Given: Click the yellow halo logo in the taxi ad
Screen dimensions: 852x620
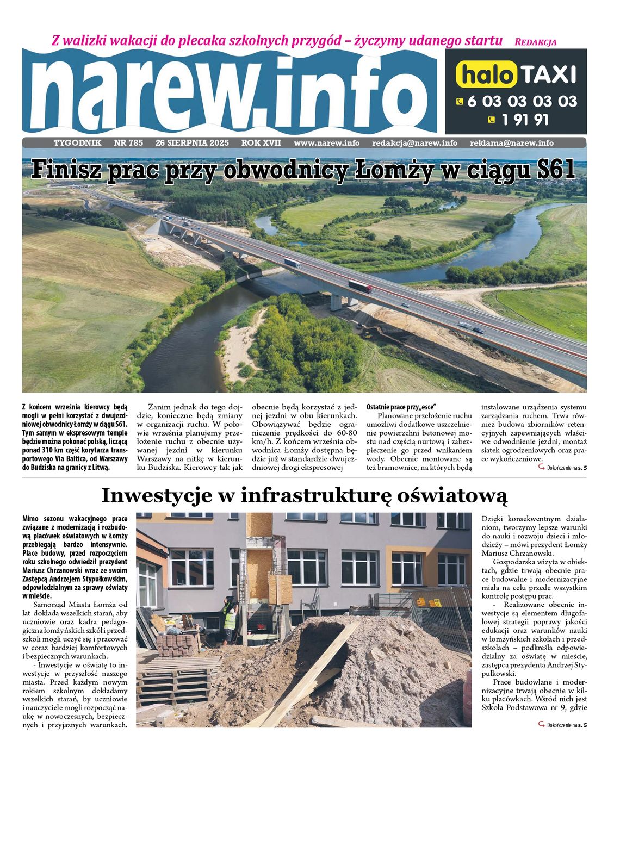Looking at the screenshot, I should [x=486, y=74].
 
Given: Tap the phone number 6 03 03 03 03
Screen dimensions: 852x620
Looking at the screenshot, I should [x=522, y=102].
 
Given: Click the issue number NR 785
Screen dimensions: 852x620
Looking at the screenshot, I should [x=128, y=143].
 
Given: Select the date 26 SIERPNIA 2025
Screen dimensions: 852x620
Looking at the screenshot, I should [x=192, y=143].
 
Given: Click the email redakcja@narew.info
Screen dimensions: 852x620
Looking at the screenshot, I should [x=414, y=143].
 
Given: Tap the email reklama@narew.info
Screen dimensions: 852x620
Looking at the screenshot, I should [x=512, y=143].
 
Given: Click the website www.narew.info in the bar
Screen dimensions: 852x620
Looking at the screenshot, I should [x=326, y=143].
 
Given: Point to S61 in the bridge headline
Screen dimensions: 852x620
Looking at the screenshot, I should [x=555, y=170].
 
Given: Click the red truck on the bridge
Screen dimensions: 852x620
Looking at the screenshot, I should [x=360, y=286].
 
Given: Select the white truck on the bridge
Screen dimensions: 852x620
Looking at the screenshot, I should [x=292, y=263].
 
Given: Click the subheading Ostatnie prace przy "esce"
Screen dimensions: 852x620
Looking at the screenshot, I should [x=401, y=407].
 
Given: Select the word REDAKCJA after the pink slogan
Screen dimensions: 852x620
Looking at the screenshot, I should [x=535, y=42].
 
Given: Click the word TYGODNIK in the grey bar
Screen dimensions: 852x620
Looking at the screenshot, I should [x=78, y=143].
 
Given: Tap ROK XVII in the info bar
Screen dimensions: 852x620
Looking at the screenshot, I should [x=261, y=143].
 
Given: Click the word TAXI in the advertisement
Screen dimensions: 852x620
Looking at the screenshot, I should [x=548, y=74].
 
